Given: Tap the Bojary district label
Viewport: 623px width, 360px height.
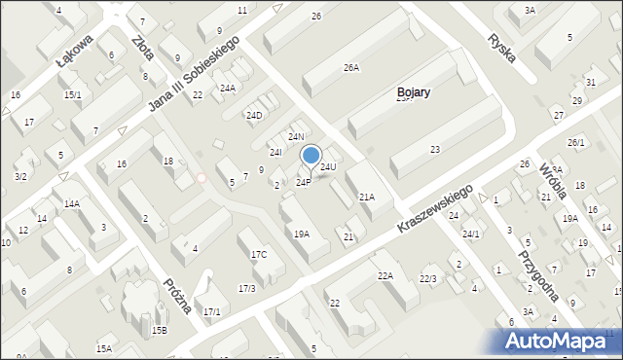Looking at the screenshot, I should (414, 93).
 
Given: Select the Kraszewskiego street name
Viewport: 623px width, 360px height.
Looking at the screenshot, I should (434, 208).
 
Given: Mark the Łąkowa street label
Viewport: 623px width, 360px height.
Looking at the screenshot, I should (75, 50).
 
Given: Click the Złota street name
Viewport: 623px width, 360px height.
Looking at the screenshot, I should (142, 49).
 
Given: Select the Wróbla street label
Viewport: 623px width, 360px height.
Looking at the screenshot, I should (552, 179).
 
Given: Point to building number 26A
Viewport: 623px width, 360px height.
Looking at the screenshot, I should (351, 68).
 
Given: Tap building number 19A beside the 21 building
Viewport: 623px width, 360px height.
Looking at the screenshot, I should (302, 234).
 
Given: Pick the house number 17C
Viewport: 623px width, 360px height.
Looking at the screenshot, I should (259, 255).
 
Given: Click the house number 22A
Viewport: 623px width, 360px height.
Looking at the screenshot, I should (385, 276).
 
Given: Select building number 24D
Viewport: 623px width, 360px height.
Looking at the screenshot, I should (253, 116).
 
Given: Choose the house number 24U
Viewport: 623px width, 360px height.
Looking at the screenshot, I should (328, 167).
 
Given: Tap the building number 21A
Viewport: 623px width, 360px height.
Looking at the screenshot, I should (366, 197).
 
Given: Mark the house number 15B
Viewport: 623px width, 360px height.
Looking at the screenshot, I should (159, 330).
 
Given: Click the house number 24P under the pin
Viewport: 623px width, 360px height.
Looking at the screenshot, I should (304, 182).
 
